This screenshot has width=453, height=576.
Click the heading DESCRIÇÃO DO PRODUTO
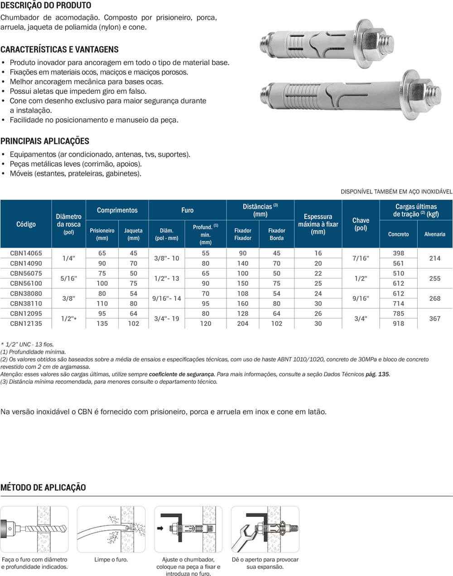pyautogui.click(x=46, y=5)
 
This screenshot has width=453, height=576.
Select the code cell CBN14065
pyautogui.click(x=26, y=254)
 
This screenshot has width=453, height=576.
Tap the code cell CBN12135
pyautogui.click(x=26, y=324)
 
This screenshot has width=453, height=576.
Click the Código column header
pyautogui.click(x=26, y=224)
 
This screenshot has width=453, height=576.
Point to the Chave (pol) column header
pyautogui.click(x=361, y=224)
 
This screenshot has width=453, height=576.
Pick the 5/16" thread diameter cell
pyautogui.click(x=68, y=278)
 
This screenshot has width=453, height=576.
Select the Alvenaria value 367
pyautogui.click(x=434, y=319)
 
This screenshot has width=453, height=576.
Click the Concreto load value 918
pyautogui.click(x=399, y=324)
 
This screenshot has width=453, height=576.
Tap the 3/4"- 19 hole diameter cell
pyautogui.click(x=167, y=319)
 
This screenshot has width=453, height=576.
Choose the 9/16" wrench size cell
pyautogui.click(x=361, y=298)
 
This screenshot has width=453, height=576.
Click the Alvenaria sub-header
pyautogui.click(x=434, y=234)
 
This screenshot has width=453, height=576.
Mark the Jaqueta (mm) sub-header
pyautogui.click(x=133, y=234)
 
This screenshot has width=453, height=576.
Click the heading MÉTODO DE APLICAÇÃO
pyautogui.click(x=43, y=488)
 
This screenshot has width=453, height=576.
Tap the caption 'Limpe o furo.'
pyautogui.click(x=111, y=560)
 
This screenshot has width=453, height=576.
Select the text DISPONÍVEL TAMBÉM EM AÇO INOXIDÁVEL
pyautogui.click(x=396, y=192)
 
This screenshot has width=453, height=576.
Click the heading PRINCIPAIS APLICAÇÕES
pyautogui.click(x=45, y=141)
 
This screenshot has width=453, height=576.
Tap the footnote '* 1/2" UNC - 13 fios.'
pyautogui.click(x=27, y=345)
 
